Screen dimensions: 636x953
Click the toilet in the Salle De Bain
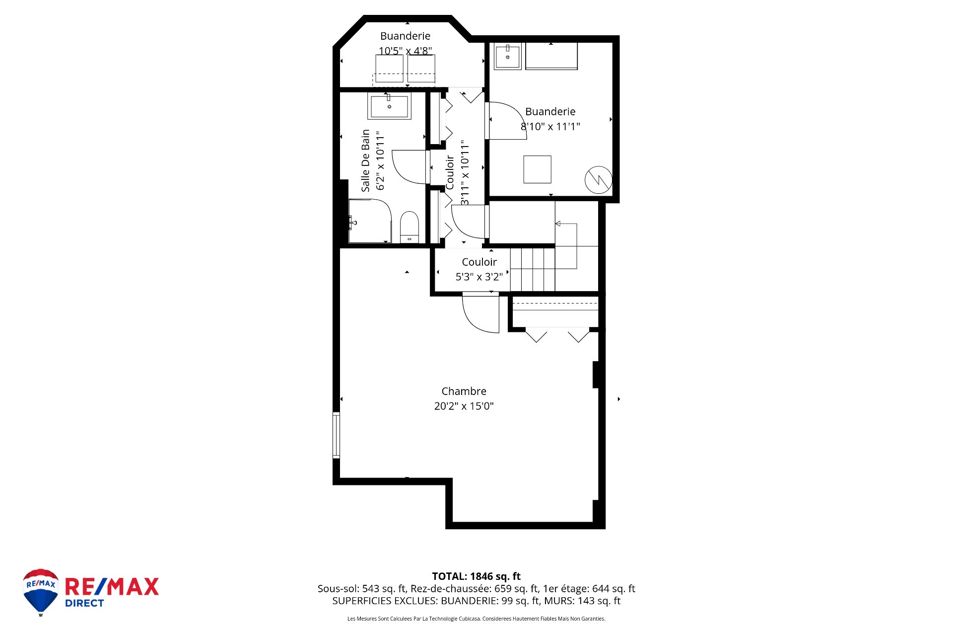click(x=409, y=227)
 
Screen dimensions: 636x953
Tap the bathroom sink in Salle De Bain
click(x=389, y=106)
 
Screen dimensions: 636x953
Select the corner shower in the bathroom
click(x=369, y=221)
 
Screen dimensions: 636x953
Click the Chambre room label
click(x=464, y=391)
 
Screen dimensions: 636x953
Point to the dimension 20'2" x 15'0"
click(x=464, y=406)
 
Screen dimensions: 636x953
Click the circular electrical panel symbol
click(x=598, y=180)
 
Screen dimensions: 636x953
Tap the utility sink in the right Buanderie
click(x=507, y=57)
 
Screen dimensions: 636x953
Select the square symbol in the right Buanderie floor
click(x=537, y=169)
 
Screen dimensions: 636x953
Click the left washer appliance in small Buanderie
click(x=389, y=69)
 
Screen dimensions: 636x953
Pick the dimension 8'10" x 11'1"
click(x=550, y=127)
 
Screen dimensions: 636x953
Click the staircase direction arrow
click(x=558, y=224)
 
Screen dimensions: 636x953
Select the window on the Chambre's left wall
click(x=336, y=435)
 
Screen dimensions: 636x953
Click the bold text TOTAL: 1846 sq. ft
click(x=476, y=576)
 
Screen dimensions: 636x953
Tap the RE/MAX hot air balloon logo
click(x=41, y=591)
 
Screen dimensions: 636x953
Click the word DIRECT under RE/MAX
click(x=84, y=603)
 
